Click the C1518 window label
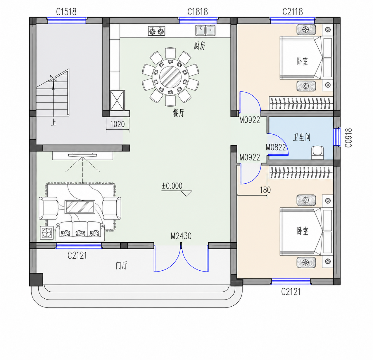tap(66, 12)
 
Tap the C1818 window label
tap(198, 12)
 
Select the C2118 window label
tap(293, 12)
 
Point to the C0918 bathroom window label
tap(348, 138)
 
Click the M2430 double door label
tap(181, 236)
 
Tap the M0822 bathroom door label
tap(276, 147)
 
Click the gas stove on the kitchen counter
tap(157, 31)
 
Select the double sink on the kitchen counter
tap(205, 30)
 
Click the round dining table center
tap(170, 77)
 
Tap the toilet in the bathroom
tap(318, 153)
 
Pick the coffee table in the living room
tap(80, 207)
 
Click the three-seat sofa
tap(80, 231)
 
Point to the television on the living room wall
tap(83, 155)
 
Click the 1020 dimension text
tap(118, 124)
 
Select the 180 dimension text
tap(265, 190)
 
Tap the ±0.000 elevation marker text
tap(172, 186)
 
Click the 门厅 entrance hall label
tap(122, 266)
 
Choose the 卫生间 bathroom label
tap(301, 137)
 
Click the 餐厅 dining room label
tap(178, 113)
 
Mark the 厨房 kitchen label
tap(199, 46)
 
